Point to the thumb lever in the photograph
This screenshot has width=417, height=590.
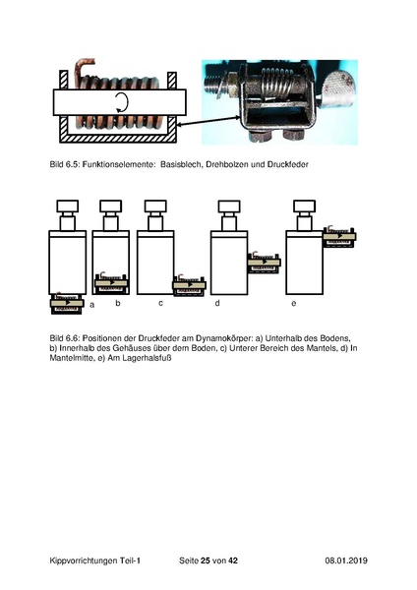pyautogui.click(x=339, y=88)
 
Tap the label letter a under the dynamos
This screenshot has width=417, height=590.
pyautogui.click(x=92, y=305)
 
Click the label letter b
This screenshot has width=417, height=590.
pyautogui.click(x=118, y=303)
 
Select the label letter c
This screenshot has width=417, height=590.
pyautogui.click(x=160, y=303)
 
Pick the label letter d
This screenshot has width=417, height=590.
pyautogui.click(x=217, y=303)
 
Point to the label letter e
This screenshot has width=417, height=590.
pyautogui.click(x=294, y=303)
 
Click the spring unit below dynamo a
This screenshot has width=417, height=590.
pyautogui.click(x=67, y=303)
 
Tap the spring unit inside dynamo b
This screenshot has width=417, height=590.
pyautogui.click(x=111, y=282)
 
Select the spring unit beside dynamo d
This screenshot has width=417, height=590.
pyautogui.click(x=265, y=262)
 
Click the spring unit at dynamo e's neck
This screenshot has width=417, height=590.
pyautogui.click(x=339, y=236)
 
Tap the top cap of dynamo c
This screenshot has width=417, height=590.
pyautogui.click(x=155, y=206)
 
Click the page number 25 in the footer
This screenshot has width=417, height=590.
pyautogui.click(x=206, y=560)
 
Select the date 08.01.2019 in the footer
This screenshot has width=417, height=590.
pyautogui.click(x=346, y=560)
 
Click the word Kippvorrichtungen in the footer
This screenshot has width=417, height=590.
pyautogui.click(x=84, y=560)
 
